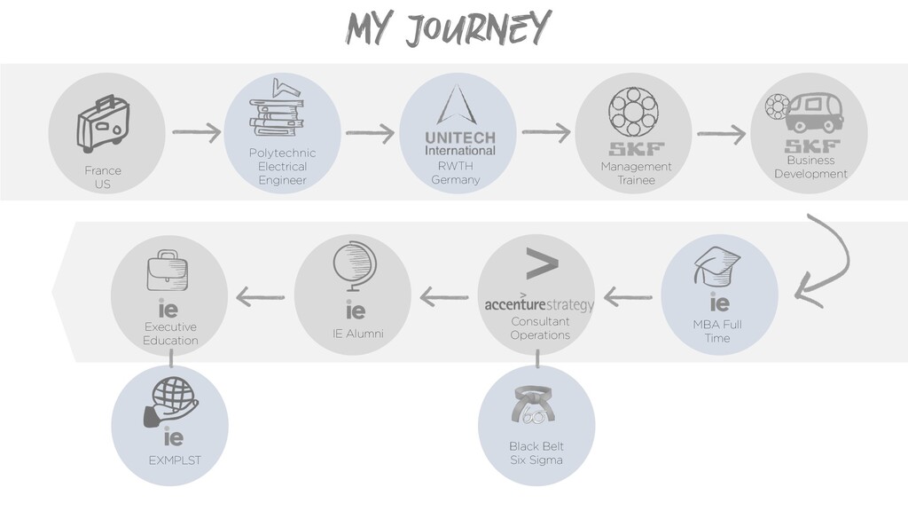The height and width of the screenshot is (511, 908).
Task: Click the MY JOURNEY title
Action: click(448, 29)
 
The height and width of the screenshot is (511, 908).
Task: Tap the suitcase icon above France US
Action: click(104, 124)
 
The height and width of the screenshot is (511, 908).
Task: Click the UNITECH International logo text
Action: click(459, 144)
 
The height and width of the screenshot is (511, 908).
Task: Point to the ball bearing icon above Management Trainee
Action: click(633, 113)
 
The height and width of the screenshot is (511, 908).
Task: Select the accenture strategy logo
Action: click(538, 305)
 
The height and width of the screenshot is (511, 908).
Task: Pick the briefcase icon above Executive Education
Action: click(168, 270)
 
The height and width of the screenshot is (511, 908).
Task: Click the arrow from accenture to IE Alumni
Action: click(444, 297)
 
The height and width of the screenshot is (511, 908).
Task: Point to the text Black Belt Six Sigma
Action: click(536, 453)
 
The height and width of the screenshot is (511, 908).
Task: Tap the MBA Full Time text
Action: click(717, 331)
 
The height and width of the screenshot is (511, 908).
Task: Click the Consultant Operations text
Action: click(539, 328)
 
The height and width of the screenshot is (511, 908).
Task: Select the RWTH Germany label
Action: click(456, 173)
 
